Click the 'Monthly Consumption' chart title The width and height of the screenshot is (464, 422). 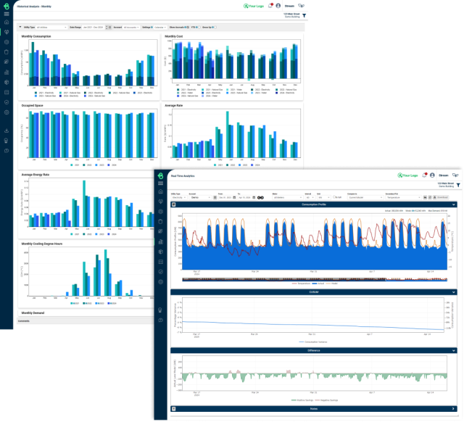tap(37, 35)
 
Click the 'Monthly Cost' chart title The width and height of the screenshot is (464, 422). tap(174, 35)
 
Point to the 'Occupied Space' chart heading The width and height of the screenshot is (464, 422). tap(33, 104)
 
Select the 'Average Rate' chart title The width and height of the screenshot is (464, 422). tap(174, 104)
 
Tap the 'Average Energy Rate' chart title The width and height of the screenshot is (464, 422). tap(36, 174)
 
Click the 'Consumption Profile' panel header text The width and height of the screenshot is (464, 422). tap(311, 205)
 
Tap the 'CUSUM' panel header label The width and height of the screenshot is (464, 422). tap(311, 291)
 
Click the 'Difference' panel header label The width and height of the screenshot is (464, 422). tap(311, 350)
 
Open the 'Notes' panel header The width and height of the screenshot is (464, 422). tap(311, 409)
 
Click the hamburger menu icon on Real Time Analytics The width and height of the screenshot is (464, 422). tap(160, 183)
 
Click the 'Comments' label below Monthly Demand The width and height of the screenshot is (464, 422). tap(24, 320)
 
